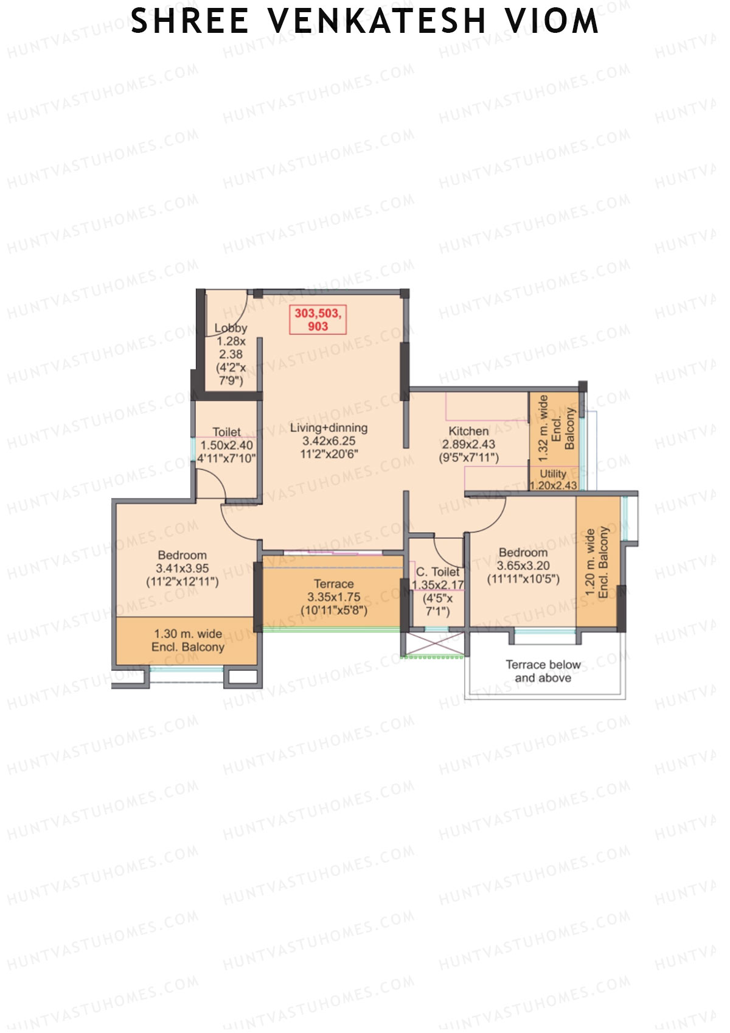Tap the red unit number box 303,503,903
point(318,320)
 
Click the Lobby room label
point(231,328)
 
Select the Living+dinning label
point(328,428)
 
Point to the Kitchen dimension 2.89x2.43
point(468,444)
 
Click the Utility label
point(553,474)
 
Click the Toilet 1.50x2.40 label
point(226,444)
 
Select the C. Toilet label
point(437,572)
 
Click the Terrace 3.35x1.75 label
point(333,597)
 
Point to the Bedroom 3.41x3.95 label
point(182,568)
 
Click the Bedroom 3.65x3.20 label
point(523,565)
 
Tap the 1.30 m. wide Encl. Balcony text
point(187,640)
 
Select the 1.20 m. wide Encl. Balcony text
point(596,562)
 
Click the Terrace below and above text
point(543,671)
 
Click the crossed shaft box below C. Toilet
point(435,643)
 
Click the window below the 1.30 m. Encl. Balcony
point(186,670)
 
